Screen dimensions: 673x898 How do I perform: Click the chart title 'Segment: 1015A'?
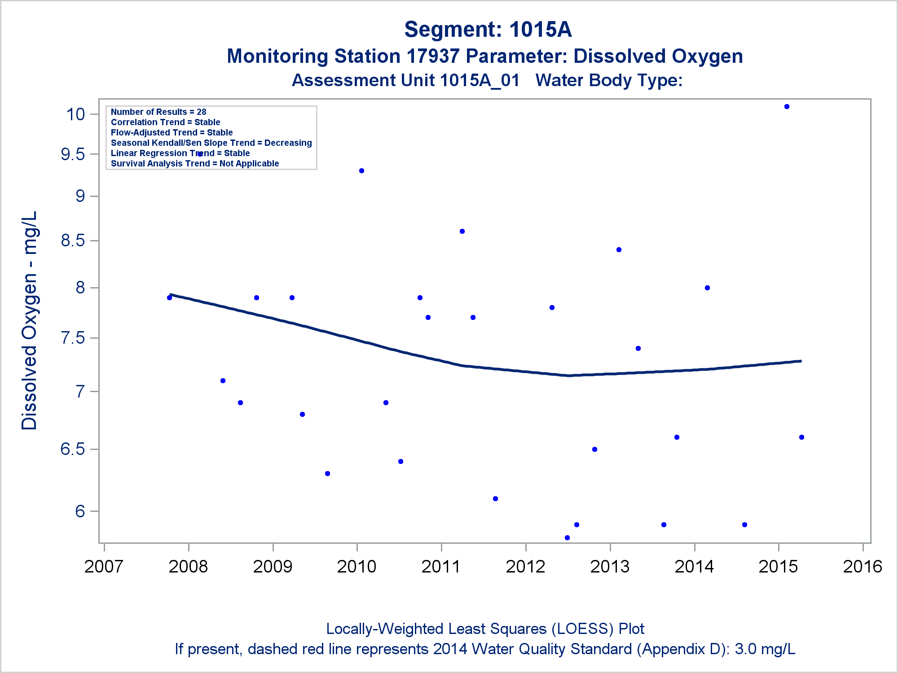(x=488, y=30)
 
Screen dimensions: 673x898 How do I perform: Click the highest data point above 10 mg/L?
(x=787, y=107)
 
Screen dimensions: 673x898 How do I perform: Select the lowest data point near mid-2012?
(x=567, y=538)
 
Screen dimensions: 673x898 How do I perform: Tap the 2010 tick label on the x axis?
(x=357, y=567)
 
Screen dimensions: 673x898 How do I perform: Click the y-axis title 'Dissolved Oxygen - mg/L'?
(x=30, y=320)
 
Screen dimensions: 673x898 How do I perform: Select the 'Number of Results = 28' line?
(x=158, y=112)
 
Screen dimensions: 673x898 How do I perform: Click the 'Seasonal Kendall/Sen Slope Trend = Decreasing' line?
(x=211, y=143)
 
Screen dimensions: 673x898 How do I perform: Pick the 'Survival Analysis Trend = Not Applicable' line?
(x=195, y=164)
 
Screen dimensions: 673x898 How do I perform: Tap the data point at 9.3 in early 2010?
(x=361, y=171)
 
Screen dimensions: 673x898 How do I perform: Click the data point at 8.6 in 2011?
(x=462, y=232)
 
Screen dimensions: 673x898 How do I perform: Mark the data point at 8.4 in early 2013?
(x=619, y=250)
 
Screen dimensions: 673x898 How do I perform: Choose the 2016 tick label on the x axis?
(x=863, y=567)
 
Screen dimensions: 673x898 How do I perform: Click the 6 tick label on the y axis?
(x=80, y=511)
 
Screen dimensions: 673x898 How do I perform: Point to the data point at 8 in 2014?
(x=707, y=288)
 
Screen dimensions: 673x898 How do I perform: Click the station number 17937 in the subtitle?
(x=433, y=57)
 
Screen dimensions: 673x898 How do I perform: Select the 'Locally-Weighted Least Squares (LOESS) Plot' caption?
(x=485, y=629)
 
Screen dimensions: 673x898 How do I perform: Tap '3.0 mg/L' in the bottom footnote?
(x=765, y=649)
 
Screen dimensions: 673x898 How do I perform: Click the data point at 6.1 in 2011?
(x=495, y=499)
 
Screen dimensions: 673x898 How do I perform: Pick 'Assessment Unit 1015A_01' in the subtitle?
(x=405, y=81)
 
